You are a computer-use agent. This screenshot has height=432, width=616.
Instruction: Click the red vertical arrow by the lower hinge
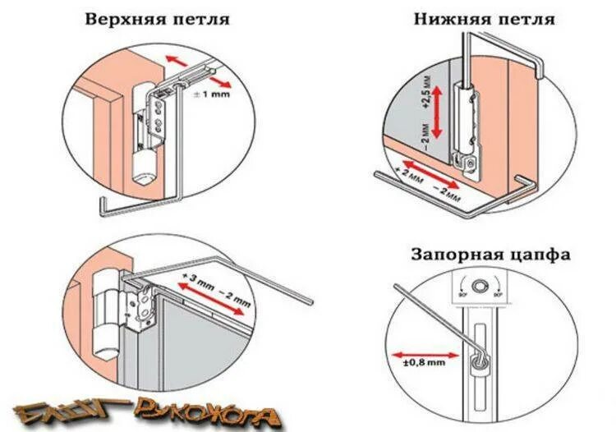point(439,111)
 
